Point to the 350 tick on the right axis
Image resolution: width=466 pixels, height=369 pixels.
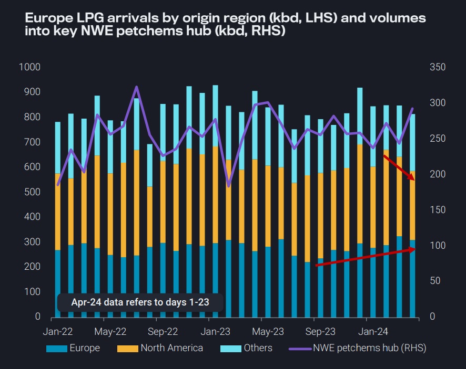(x=438, y=67)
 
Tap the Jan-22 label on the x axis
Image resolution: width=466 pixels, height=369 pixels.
(x=57, y=332)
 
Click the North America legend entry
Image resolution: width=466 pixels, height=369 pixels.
(x=171, y=348)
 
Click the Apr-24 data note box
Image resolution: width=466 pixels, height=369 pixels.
(x=140, y=303)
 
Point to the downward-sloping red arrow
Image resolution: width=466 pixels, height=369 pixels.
(x=399, y=168)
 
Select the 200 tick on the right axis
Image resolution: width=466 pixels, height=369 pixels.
(x=438, y=174)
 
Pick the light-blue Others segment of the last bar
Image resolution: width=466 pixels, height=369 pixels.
(x=413, y=142)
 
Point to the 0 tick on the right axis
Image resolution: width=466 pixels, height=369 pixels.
(x=432, y=317)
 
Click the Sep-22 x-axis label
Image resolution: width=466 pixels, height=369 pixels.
(x=163, y=332)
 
